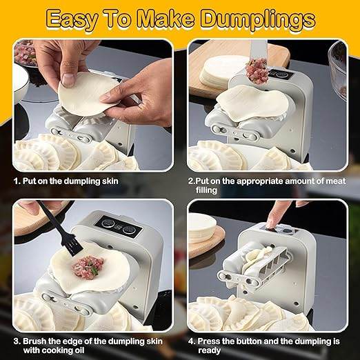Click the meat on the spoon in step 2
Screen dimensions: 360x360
click(257, 70)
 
